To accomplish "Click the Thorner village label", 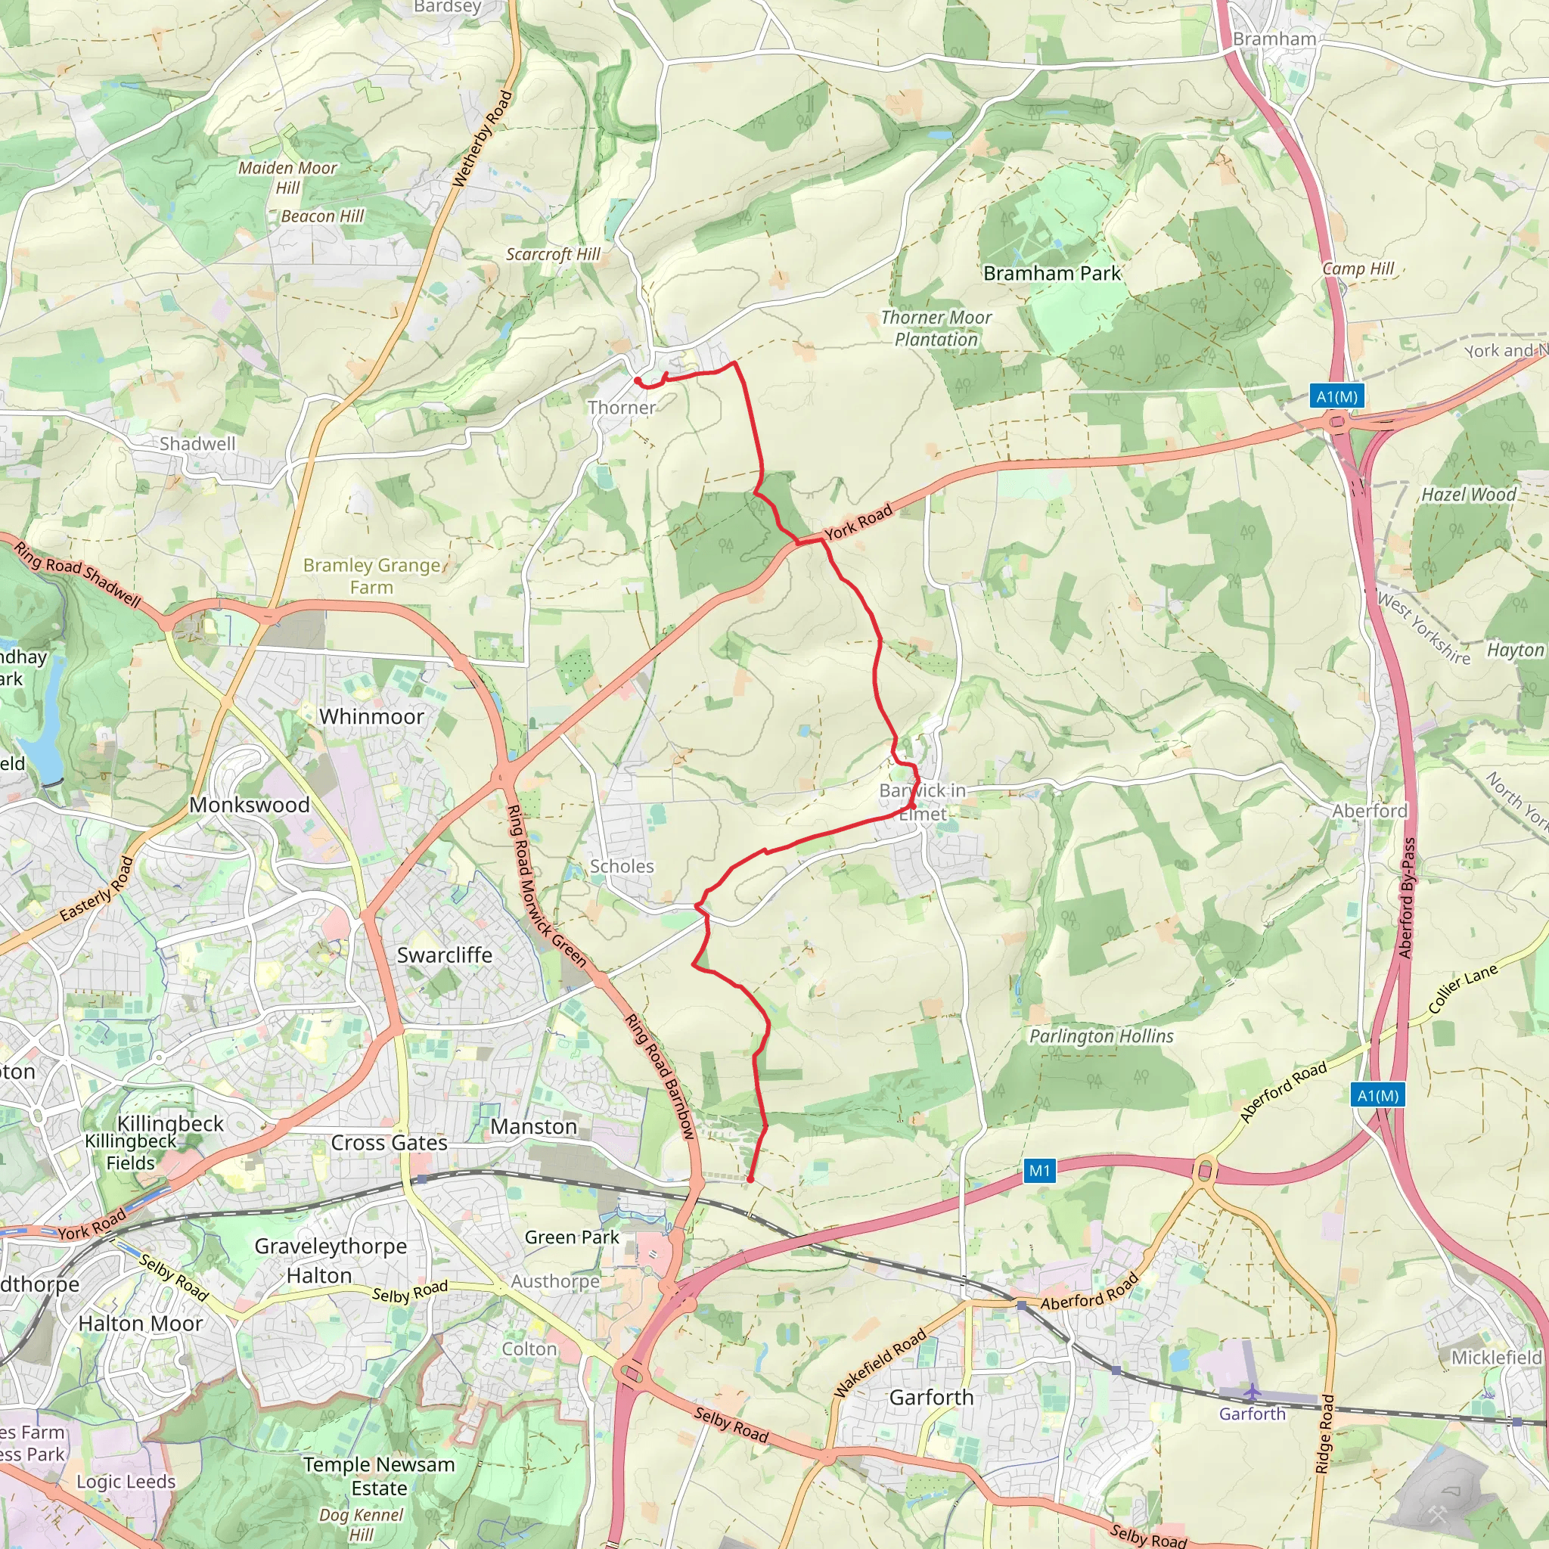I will pos(622,408).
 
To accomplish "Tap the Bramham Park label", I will pos(1051,273).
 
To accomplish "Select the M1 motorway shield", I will pos(1039,1171).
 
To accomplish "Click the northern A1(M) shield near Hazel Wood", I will pos(1336,396).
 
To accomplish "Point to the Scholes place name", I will pos(622,866).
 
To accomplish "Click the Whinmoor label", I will pos(371,716).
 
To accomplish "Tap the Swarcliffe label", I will pos(444,955).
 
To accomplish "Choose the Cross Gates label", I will pos(389,1143).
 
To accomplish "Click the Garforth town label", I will pos(931,1398).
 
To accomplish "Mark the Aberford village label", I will pos(1370,811).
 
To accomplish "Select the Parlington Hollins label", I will pos(1100,1036).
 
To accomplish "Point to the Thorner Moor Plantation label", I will pos(936,329).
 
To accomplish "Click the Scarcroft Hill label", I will pos(552,254).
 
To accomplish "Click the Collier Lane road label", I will pos(1463,989).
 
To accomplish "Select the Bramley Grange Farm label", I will pos(371,576).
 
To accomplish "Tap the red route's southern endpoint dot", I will pos(750,1179).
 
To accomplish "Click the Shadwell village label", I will pos(197,443).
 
